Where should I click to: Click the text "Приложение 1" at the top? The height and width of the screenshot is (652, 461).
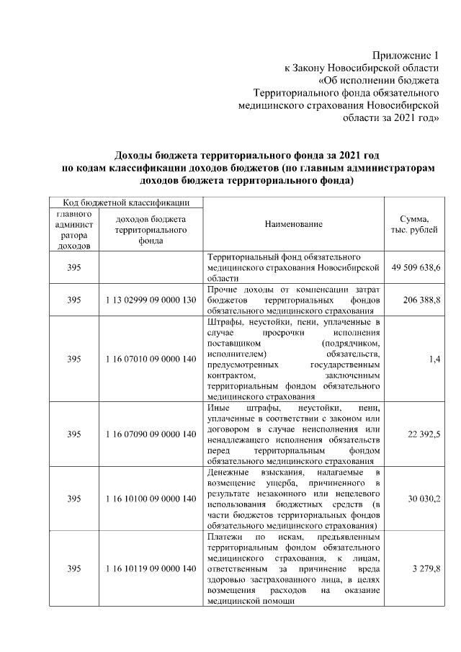[x=405, y=55]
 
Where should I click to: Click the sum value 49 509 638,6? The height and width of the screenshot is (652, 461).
[x=416, y=267]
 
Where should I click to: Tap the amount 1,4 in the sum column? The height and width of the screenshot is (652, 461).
[x=434, y=358]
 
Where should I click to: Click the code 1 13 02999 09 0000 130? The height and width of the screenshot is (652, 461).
[x=151, y=299]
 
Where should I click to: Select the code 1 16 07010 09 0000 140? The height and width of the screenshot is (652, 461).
[x=151, y=358]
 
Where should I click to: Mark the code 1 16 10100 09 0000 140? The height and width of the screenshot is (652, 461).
[x=151, y=499]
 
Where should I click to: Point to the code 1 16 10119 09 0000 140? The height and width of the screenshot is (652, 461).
[x=151, y=569]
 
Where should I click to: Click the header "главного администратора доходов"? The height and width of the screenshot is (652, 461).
[x=73, y=230]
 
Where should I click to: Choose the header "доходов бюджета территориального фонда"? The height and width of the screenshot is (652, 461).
[x=151, y=230]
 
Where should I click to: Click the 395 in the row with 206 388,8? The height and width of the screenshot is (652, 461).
[x=73, y=299]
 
